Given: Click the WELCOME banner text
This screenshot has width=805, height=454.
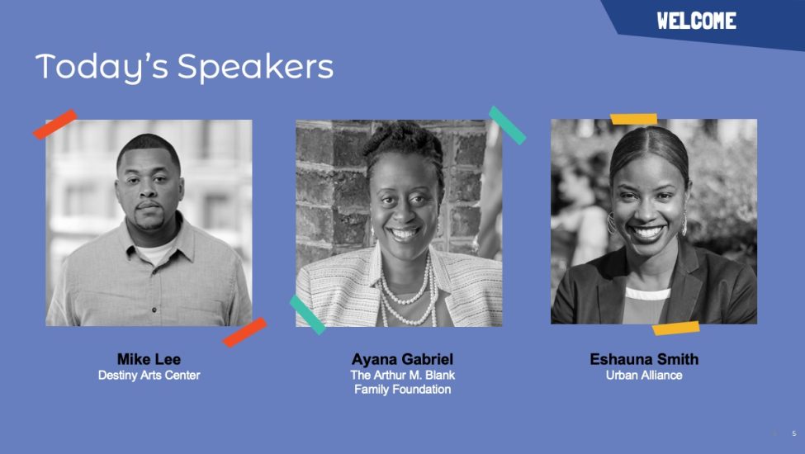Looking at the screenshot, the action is tap(696, 21).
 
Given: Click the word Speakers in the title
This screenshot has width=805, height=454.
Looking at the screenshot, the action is tap(255, 68).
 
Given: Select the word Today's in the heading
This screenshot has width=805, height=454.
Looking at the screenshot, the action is tap(102, 68).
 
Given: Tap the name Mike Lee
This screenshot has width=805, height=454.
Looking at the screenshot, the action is tap(149, 358).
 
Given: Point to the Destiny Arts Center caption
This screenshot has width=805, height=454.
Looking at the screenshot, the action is tap(149, 375).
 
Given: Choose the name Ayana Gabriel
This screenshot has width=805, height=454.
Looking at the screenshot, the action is tap(403, 358).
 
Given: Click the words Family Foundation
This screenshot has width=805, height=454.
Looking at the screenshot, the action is tap(403, 390).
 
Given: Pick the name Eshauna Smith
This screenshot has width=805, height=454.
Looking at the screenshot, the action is tap(644, 358).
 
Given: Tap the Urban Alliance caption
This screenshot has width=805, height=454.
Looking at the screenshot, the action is tap(644, 375).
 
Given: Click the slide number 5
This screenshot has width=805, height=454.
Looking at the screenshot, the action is tap(794, 433).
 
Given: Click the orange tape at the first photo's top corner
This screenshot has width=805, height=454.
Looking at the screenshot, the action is tap(55, 124).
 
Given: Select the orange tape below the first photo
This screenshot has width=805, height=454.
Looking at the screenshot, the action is tap(244, 332).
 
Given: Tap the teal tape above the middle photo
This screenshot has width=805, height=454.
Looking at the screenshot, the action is tap(507, 125).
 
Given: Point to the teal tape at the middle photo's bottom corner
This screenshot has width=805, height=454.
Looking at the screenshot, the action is tap(307, 314).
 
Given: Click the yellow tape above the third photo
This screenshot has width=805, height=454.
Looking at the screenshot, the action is tap(633, 119).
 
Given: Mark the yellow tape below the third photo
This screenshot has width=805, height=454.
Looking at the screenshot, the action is tap(675, 329).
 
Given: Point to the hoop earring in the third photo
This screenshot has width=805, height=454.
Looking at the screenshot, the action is tap(611, 223).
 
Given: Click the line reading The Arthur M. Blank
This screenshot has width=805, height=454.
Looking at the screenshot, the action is tap(403, 375).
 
